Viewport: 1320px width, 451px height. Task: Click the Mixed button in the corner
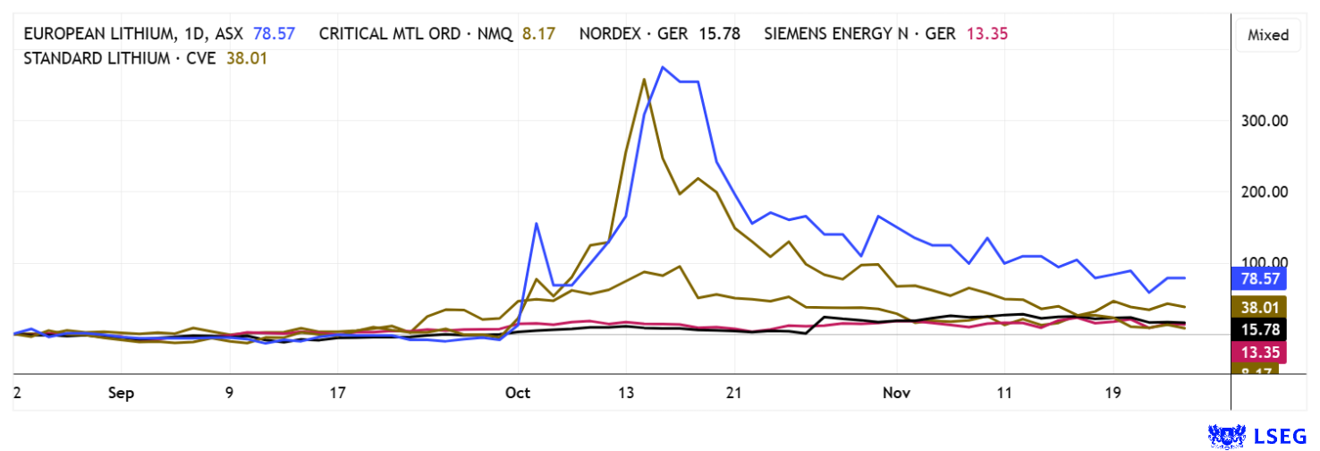coord(1268,35)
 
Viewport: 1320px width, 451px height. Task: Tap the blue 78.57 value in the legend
coord(274,34)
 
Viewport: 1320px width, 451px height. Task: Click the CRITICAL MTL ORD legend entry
coord(415,34)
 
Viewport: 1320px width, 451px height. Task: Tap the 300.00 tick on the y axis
coord(1262,121)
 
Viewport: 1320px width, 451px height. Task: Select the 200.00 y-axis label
coord(1262,191)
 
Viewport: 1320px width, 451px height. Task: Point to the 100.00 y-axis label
coord(1262,263)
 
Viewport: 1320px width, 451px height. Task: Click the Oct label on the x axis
coord(518,393)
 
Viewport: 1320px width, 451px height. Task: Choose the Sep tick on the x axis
coord(122,393)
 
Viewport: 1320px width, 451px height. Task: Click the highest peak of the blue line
coord(663,67)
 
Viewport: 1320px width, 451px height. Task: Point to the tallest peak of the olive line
coord(645,80)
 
